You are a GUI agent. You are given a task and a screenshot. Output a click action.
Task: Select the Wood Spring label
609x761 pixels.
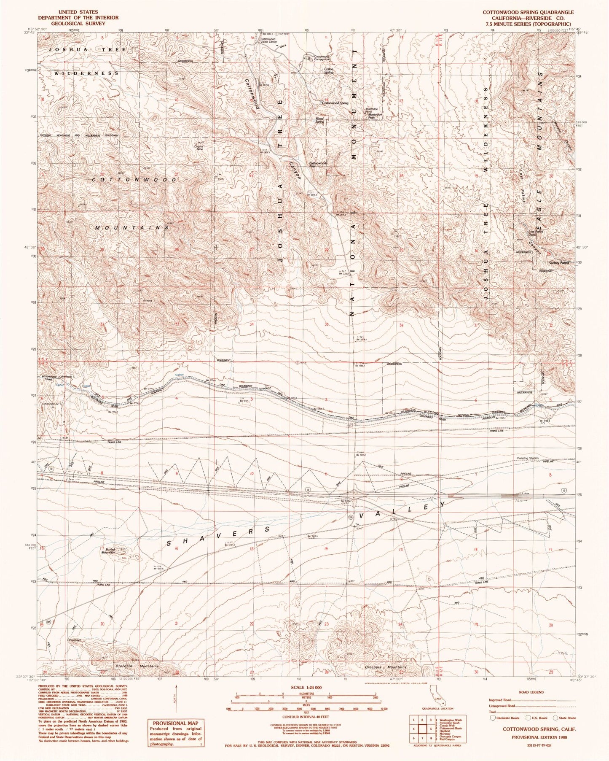point(319,120)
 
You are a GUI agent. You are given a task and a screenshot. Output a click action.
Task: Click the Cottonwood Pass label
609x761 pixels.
point(318,165)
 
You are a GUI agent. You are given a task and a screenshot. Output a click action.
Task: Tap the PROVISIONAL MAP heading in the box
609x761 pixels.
point(173,723)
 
